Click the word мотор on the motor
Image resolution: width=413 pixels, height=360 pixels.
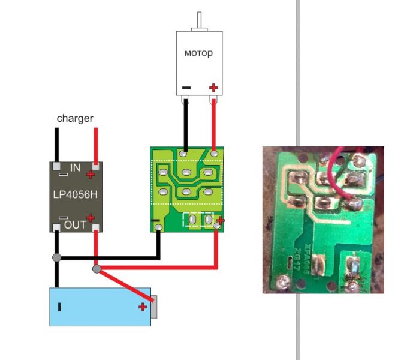pyautogui.click(x=198, y=53)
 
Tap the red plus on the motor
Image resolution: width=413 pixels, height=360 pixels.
pyautogui.click(x=213, y=88)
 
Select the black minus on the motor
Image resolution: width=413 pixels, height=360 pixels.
pyautogui.click(x=186, y=88)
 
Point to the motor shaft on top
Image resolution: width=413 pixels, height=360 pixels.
pyautogui.click(x=198, y=21)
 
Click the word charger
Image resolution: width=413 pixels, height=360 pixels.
pyautogui.click(x=75, y=118)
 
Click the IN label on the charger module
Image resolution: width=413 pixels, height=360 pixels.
pyautogui.click(x=75, y=168)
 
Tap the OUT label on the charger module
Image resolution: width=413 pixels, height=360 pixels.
pyautogui.click(x=75, y=224)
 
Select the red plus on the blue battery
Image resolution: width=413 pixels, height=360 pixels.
pyautogui.click(x=143, y=307)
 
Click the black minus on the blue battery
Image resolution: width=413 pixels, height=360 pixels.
pyautogui.click(x=59, y=307)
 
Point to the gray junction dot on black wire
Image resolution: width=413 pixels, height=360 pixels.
pyautogui.click(x=56, y=258)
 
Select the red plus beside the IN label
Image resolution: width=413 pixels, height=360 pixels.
pyautogui.click(x=90, y=175)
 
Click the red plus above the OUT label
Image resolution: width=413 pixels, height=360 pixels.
pyautogui.click(x=91, y=217)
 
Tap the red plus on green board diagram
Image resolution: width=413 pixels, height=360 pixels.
pyautogui.click(x=220, y=221)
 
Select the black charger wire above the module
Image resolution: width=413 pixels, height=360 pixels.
pyautogui.click(x=56, y=144)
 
